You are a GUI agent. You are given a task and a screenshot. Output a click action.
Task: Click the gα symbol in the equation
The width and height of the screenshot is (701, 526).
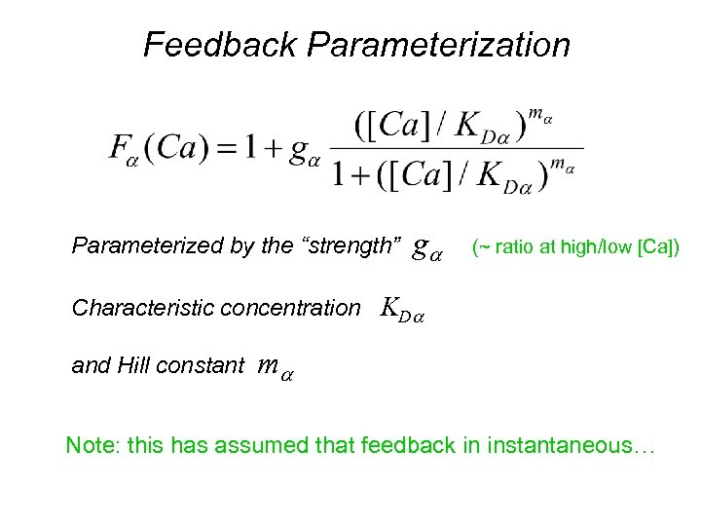pos(305,154)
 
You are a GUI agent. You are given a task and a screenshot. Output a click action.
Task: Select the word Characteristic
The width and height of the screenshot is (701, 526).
pos(136,308)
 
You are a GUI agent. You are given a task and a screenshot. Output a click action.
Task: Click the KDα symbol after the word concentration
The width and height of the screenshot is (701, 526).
pos(403,310)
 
